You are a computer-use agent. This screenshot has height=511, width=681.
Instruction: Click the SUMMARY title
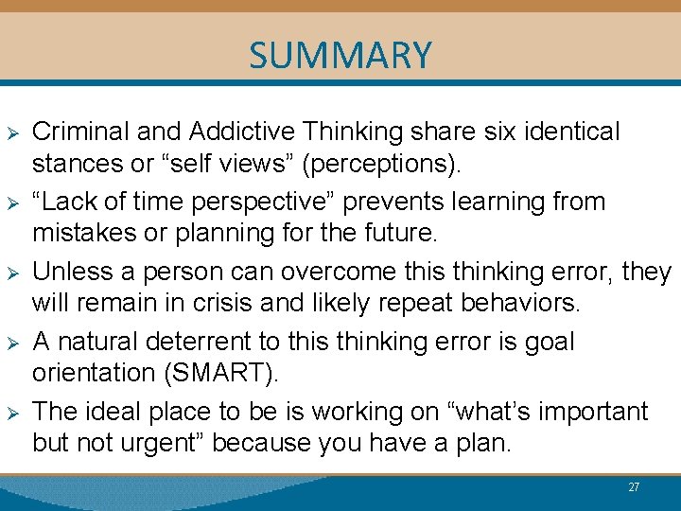coord(340,56)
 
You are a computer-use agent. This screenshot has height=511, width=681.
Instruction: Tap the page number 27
coord(634,487)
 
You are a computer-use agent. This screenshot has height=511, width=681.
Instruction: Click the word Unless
coord(67,272)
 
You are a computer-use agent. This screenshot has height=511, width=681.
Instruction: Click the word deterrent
coord(203,342)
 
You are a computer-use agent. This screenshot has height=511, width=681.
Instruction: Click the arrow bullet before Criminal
coord(13,132)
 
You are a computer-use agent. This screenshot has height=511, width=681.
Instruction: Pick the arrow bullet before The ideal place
coord(13,413)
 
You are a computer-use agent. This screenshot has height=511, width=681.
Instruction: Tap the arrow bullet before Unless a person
coord(13,273)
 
